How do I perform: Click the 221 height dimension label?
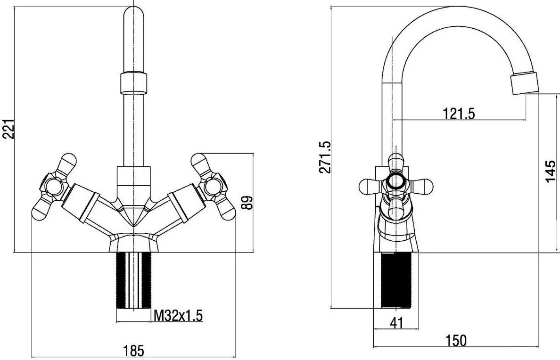8,129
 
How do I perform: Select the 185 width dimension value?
133,351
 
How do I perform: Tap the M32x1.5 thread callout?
178,315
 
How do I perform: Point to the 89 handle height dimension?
248,203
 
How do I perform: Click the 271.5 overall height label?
325,157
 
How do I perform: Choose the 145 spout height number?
551,171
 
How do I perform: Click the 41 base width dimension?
396,322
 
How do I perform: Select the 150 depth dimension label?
456,340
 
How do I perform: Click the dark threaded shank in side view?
396,280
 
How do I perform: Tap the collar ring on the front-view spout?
133,83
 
